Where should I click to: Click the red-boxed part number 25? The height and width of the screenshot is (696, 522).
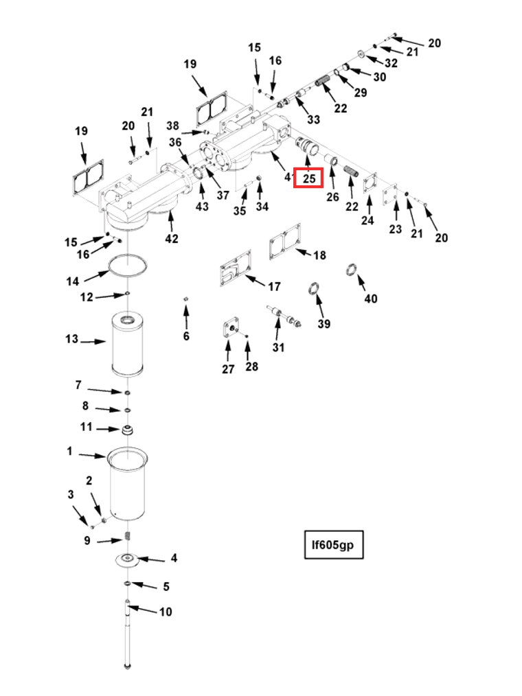[309, 178]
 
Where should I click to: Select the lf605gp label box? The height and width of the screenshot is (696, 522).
[333, 545]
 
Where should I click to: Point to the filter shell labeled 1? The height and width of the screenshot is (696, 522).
[128, 484]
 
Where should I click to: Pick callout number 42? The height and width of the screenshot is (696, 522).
[171, 239]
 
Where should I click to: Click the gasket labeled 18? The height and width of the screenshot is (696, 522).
[286, 241]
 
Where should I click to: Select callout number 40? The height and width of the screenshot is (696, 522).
[371, 299]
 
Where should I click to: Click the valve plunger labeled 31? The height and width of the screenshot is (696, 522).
[286, 318]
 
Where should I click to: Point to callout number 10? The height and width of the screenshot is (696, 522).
[166, 612]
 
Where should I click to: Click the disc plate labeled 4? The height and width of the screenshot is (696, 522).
[128, 559]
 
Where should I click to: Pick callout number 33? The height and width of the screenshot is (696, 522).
[313, 119]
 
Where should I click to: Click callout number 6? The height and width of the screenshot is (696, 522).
[185, 336]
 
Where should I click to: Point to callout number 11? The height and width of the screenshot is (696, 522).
[86, 427]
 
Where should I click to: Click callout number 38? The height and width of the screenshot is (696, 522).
[172, 126]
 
